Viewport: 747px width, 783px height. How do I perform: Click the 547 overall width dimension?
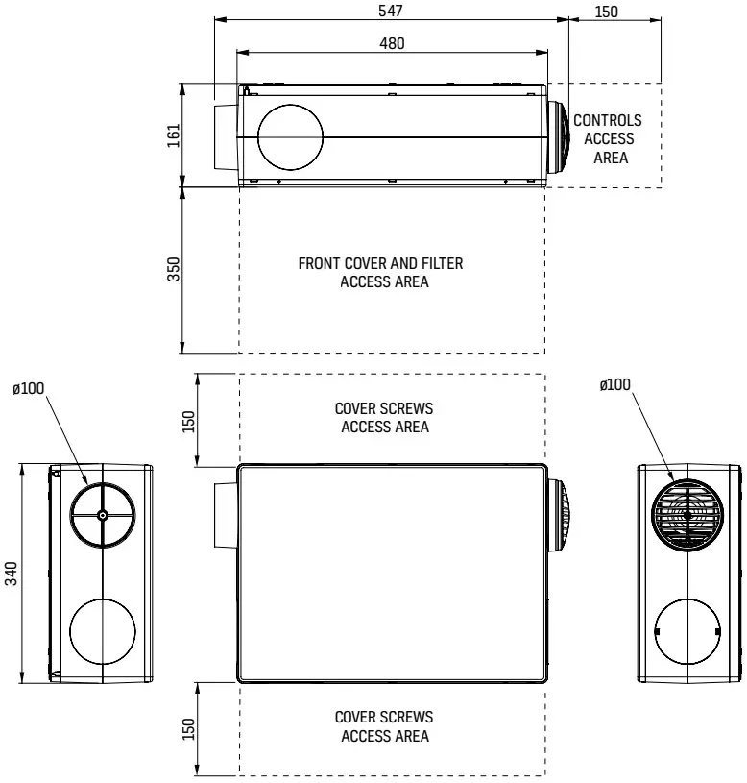coord(391,11)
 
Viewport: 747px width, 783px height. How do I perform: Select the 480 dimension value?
coord(392,43)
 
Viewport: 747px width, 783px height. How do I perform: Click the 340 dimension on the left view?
coord(12,574)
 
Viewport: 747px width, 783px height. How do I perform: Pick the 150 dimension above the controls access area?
coord(606,11)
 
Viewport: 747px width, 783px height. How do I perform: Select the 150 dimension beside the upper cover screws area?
coord(189,421)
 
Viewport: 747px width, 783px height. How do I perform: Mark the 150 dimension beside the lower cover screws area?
coord(189,730)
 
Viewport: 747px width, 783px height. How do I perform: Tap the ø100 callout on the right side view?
coord(615,384)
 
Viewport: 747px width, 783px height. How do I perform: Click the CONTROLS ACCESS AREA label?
coord(608,139)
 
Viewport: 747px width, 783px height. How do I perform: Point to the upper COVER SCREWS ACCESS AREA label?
coord(384,417)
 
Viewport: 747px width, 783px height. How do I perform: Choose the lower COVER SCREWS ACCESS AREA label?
coord(384,726)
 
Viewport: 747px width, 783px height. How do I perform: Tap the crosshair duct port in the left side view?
coord(102,515)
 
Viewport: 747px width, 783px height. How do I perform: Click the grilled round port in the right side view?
coord(687,514)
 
